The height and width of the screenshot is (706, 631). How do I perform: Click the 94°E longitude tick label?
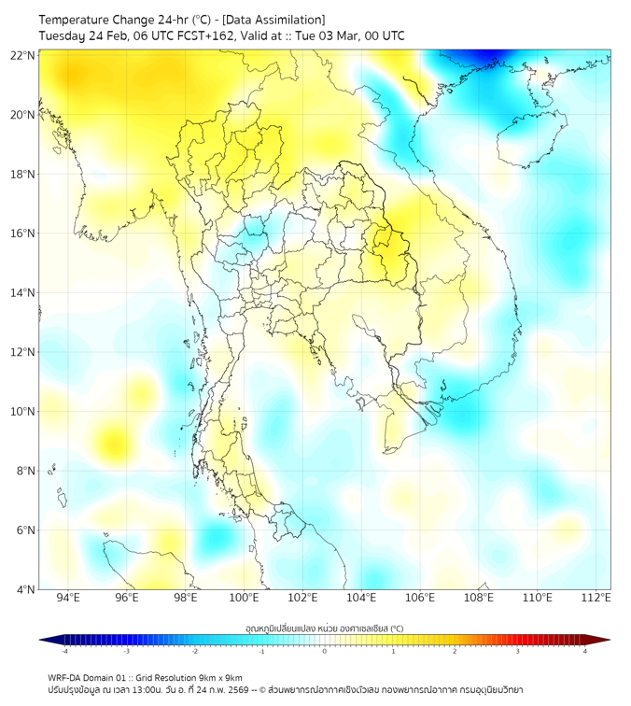click(68, 598)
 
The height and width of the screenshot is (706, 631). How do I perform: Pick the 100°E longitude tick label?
click(245, 598)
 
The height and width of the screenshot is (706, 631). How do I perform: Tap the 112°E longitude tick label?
click(596, 598)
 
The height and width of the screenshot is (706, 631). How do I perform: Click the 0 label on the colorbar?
click(325, 652)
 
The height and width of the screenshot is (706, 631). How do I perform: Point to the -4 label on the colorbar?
click(63, 652)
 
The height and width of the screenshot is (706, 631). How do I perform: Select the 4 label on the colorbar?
click(585, 652)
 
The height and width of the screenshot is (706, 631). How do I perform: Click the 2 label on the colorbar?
click(455, 652)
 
